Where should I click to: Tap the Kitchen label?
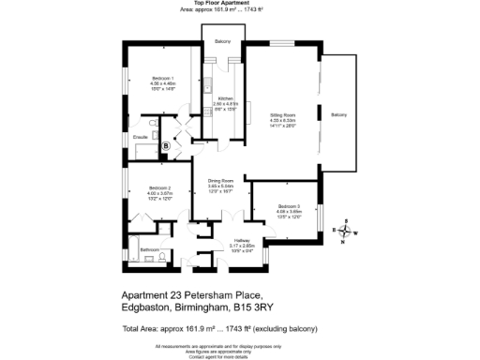point(225,98)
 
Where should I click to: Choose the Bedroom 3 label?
point(289,205)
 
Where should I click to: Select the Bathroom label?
point(149,249)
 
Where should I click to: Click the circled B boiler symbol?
point(166,145)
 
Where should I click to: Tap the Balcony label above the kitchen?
point(223,42)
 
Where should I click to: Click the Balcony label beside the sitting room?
point(338,114)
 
